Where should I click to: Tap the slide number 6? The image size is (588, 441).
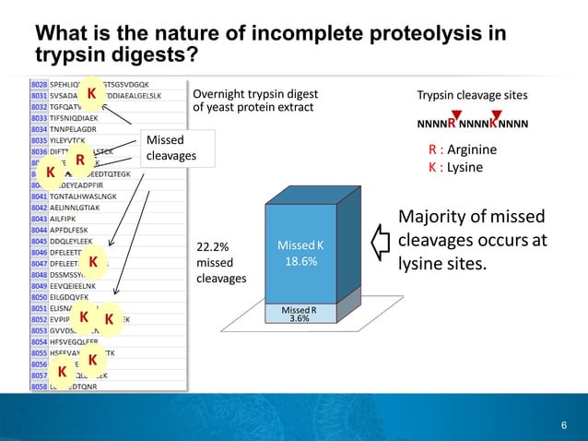point(563,424)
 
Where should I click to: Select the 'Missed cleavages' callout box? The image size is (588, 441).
point(175,148)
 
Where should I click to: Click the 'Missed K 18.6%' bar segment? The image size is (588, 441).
point(303,254)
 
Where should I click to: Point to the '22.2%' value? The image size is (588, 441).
point(213,247)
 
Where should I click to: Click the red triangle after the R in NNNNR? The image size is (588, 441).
point(456,113)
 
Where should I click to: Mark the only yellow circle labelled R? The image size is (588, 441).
point(80,161)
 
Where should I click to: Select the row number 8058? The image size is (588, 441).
point(39,387)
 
